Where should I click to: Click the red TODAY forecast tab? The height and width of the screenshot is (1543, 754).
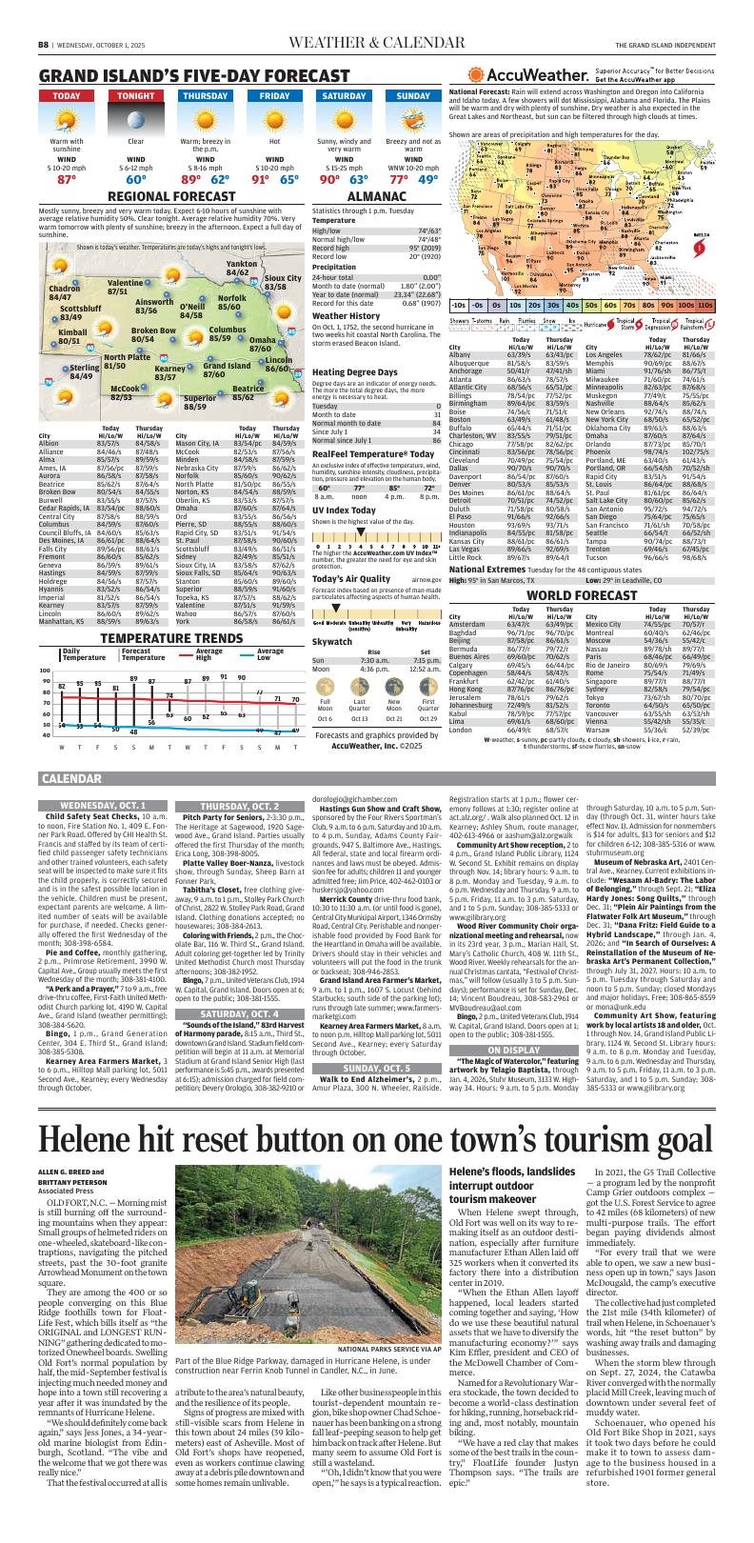(67, 96)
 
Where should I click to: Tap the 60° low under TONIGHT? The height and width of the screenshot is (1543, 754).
(136, 179)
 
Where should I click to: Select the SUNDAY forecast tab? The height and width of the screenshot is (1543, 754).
(413, 96)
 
